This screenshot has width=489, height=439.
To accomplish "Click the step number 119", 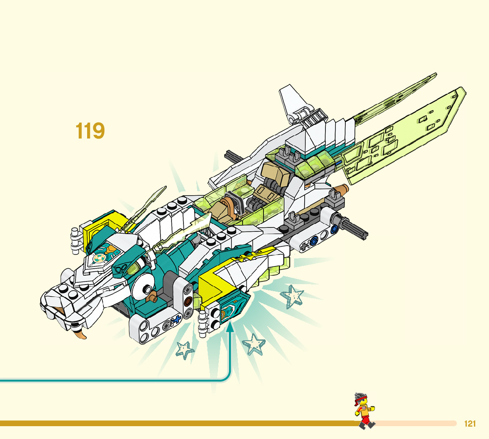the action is click(x=90, y=131).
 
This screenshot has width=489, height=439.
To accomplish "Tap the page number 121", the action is click(x=470, y=424).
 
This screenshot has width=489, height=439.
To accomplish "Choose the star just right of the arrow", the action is click(x=254, y=344).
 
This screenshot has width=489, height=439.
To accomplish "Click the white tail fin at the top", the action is click(x=293, y=102).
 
